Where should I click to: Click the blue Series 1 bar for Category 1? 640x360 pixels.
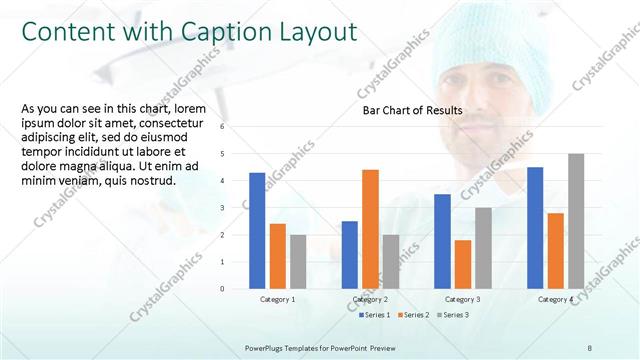257,231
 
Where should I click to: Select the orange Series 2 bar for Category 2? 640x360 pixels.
370,229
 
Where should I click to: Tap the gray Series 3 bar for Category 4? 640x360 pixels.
576,221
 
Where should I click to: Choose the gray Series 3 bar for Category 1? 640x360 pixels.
299,262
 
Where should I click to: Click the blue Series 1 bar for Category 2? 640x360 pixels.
349,255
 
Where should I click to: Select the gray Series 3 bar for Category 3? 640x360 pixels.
483,248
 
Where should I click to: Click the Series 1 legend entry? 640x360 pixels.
376,316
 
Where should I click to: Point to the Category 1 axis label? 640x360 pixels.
278,300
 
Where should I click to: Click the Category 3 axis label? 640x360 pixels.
463,300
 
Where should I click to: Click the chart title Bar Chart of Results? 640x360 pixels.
411,110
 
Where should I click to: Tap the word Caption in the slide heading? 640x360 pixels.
223,32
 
